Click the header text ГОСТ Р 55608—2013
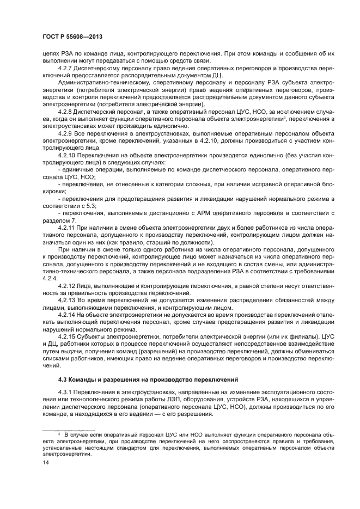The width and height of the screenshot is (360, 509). pyautogui.click(x=72, y=37)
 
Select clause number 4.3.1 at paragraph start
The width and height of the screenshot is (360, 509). pyautogui.click(x=66, y=394)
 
